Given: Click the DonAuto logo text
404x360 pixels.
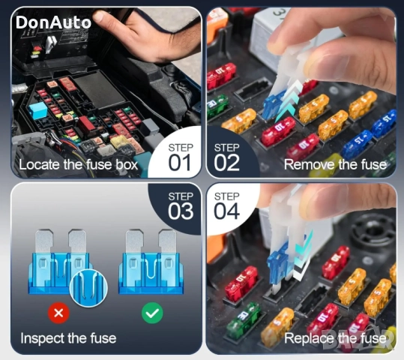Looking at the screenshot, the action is click(53, 22).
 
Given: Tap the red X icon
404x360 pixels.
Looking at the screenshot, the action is click(58, 313).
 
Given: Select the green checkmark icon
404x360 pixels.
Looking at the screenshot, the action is click(152, 313).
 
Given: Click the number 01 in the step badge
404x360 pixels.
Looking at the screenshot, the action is click(180, 163).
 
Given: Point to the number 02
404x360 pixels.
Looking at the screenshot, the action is click(226, 163).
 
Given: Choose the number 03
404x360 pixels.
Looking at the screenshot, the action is click(181, 211).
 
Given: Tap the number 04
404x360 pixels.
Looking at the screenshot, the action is click(226, 211).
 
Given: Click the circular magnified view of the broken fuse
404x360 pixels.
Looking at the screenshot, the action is click(88, 288).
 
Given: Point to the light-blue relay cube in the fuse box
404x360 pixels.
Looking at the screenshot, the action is click(38, 111).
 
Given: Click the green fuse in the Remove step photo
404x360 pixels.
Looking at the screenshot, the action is click(217, 106).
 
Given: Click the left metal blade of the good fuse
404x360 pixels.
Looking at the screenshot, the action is click(134, 241).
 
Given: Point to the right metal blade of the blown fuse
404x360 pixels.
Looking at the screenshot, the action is click(77, 241).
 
